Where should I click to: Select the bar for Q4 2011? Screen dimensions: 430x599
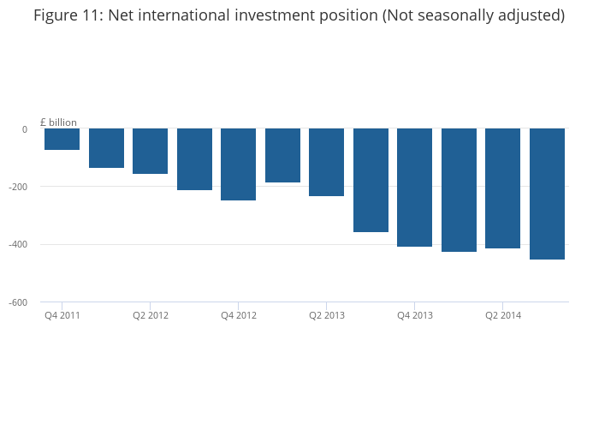(62, 140)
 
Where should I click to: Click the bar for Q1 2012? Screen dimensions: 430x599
(106, 148)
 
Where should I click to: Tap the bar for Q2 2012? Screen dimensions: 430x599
(150, 152)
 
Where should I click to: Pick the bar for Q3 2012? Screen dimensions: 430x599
(194, 159)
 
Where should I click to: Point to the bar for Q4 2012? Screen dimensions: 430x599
(238, 164)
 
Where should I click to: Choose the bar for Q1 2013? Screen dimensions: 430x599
(282, 156)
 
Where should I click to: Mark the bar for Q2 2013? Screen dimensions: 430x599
(326, 163)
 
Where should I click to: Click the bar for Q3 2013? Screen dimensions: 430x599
(371, 181)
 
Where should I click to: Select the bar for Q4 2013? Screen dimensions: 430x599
(414, 188)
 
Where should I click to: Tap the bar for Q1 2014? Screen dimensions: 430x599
(459, 190)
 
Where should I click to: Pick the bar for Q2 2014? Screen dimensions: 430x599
(502, 188)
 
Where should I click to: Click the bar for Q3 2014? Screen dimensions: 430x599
(547, 194)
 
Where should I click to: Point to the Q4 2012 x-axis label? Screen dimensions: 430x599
(239, 315)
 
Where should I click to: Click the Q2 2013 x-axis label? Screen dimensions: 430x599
(327, 315)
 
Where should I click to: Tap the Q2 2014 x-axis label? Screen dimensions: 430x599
(503, 315)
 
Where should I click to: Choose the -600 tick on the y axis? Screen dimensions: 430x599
(18, 302)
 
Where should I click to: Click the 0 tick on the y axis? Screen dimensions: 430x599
(24, 129)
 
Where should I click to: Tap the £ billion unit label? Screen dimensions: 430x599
(58, 122)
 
